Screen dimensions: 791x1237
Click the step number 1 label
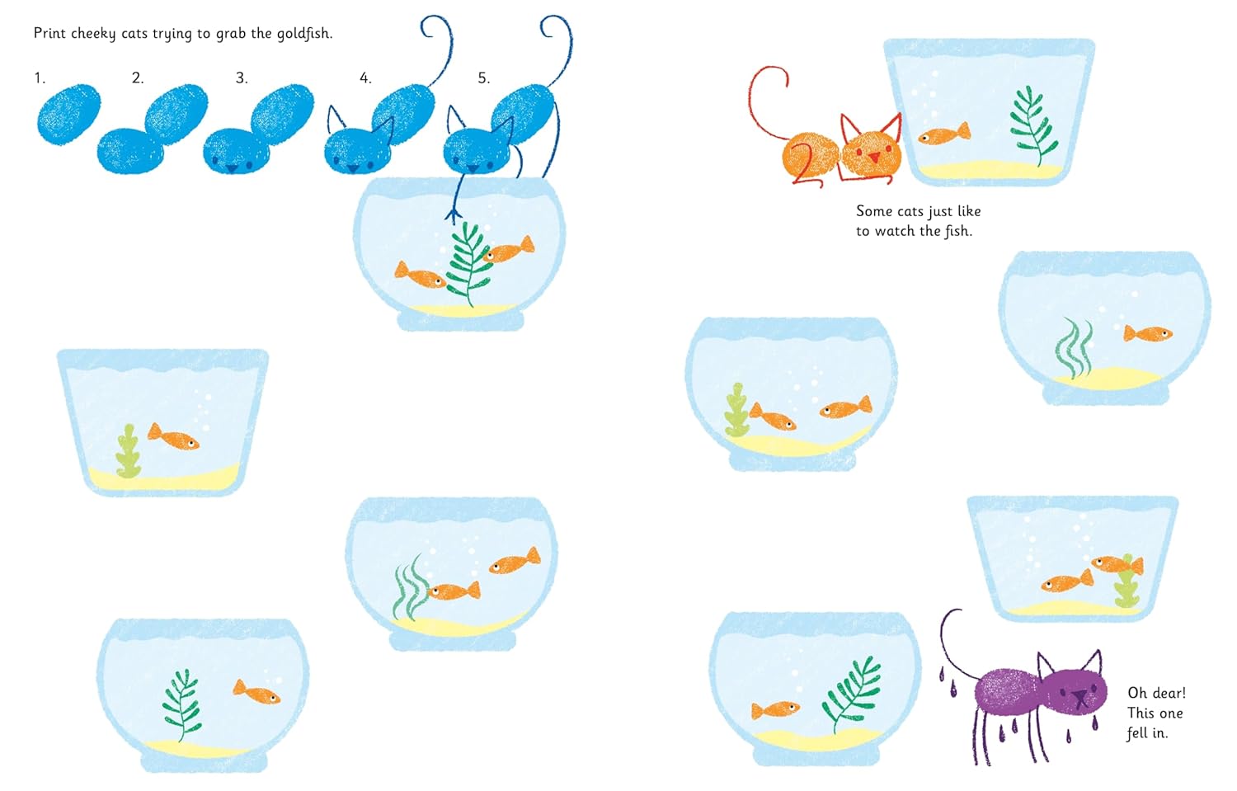[39, 78]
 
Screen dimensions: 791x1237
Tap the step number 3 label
[241, 78]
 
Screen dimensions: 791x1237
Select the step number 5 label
[483, 78]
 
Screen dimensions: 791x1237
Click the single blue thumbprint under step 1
[68, 114]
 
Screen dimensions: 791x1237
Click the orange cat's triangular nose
[873, 157]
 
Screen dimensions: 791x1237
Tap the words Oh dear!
[1156, 693]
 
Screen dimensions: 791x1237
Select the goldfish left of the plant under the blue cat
[419, 275]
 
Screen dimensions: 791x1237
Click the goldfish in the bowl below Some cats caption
[1147, 333]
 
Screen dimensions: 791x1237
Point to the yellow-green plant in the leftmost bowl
[128, 451]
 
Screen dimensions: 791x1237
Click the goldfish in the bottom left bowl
[256, 691]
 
